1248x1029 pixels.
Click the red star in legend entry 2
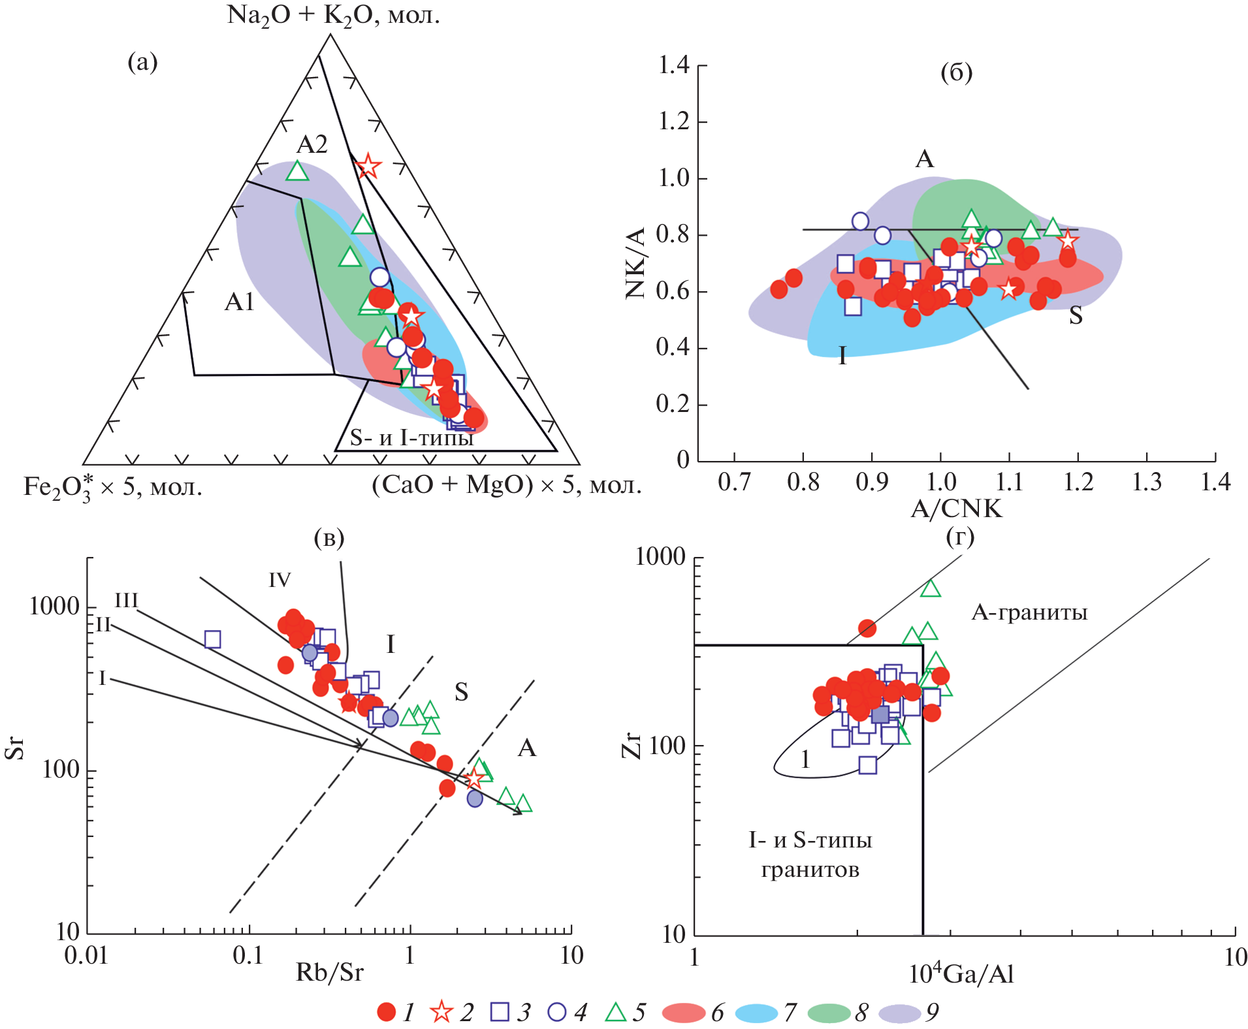point(441,1012)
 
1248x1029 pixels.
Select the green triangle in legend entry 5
point(615,1012)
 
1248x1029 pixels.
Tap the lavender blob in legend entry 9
point(900,1013)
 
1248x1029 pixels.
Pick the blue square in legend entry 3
point(500,1012)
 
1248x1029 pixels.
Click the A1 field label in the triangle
point(239,302)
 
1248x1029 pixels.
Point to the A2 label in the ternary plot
point(312,144)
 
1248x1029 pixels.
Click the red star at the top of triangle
point(368,166)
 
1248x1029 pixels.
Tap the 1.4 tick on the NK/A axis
point(674,65)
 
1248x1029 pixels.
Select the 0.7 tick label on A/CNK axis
point(734,483)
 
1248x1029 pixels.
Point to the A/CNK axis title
point(956,509)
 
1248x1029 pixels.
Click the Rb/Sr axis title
point(329,973)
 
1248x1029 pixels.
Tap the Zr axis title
point(632,745)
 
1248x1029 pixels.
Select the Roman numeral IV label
point(280,580)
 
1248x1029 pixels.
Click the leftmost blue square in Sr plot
point(212,639)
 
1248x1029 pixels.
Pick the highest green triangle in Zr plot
point(930,589)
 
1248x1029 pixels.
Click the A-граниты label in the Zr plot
point(1029,612)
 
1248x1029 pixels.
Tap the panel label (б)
point(956,72)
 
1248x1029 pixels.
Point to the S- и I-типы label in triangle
point(411,437)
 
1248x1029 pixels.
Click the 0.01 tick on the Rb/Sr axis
point(86,955)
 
